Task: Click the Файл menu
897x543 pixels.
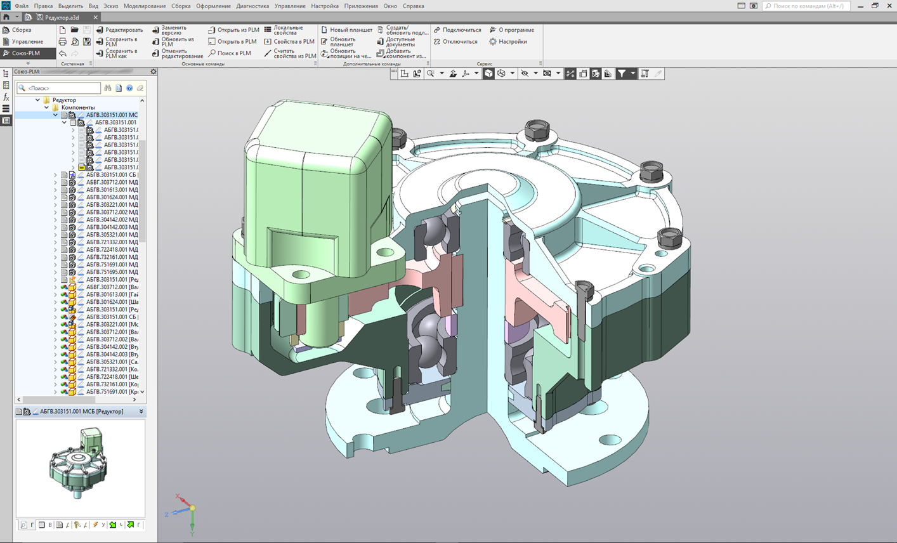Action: click(x=22, y=6)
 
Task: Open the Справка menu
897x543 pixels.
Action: click(x=413, y=6)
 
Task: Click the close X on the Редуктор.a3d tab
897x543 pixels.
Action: click(x=96, y=18)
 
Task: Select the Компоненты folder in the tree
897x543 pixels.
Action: click(x=77, y=108)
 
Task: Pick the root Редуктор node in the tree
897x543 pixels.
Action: click(x=64, y=100)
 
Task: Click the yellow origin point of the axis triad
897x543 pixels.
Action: click(x=192, y=507)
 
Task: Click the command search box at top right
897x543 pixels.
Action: click(x=807, y=6)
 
